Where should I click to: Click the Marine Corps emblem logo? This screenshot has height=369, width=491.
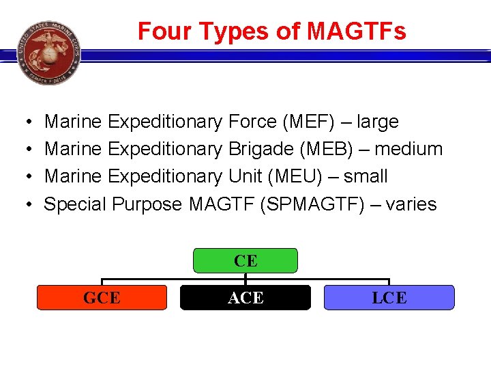[x=49, y=53]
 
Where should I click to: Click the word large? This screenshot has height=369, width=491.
[x=377, y=122]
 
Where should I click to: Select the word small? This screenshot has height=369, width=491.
[x=366, y=176]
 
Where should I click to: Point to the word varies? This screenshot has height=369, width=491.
[x=411, y=204]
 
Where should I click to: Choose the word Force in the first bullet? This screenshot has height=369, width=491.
[x=252, y=122]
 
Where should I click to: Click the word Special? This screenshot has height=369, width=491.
[x=75, y=204]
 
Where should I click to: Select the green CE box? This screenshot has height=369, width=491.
[x=245, y=261]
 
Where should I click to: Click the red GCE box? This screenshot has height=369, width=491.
[x=102, y=298]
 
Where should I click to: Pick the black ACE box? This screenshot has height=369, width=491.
[x=245, y=298]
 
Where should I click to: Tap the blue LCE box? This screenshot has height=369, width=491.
[x=389, y=298]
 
